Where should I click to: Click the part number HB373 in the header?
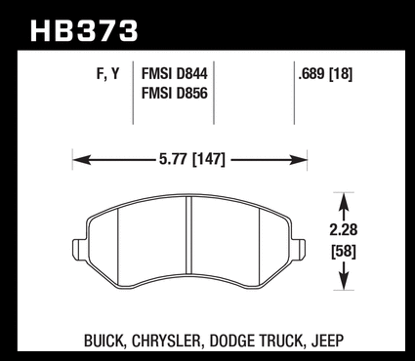[84, 30]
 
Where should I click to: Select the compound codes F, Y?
[108, 74]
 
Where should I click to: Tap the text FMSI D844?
[174, 74]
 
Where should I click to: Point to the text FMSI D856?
[174, 94]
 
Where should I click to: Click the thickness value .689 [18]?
[325, 74]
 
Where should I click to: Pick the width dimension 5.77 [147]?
[192, 159]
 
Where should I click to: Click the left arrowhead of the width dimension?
[81, 160]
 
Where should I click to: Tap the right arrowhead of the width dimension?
[298, 160]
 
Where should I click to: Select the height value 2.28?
[344, 229]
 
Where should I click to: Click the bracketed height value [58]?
[344, 252]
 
